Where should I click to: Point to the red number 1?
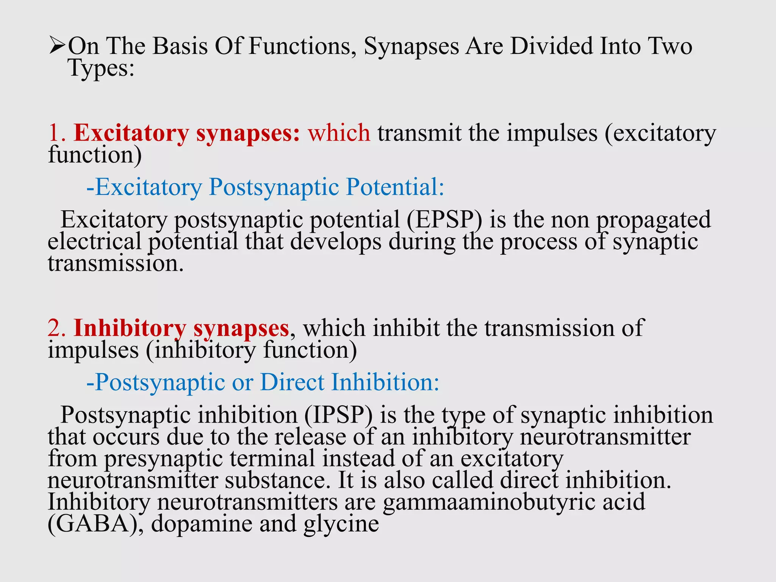57,133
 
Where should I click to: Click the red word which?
339,133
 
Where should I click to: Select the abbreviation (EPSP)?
444,220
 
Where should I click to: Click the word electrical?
94,242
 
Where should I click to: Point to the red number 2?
57,328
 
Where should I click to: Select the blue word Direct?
292,382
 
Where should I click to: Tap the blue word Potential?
395,187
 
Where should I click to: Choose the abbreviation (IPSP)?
338,415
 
